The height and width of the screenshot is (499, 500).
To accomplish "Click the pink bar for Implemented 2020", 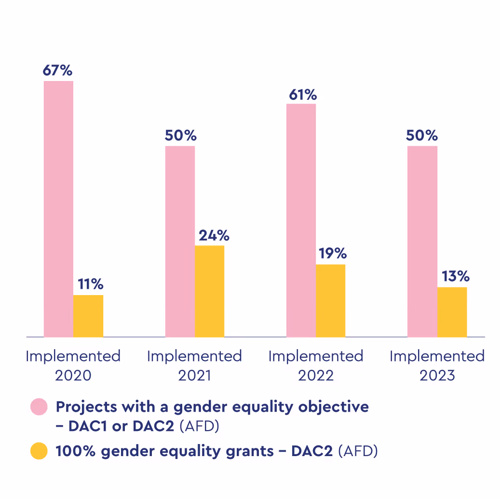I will pos(58,209).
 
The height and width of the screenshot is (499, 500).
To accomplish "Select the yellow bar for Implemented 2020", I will pos(88,316).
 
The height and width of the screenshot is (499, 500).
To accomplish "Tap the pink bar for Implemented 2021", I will pos(180,241).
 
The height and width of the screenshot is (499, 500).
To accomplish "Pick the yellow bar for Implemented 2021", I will pos(209,291).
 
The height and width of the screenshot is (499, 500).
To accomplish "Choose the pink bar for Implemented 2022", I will pos(301,220).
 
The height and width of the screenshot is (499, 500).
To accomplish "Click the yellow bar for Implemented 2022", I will pos(331,300).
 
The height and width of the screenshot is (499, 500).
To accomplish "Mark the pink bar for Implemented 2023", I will pos(422,241).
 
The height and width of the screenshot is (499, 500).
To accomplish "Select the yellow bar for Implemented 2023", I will pos(452,312).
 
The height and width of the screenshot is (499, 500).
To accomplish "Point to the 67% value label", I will pos(57,70).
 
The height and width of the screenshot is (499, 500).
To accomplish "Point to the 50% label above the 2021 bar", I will pos(180,135).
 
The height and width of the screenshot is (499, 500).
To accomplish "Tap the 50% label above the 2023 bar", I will pos(422,135).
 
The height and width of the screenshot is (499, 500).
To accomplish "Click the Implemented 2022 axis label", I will pos(315,365).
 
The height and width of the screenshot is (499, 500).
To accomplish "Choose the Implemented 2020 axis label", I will pos(73,365).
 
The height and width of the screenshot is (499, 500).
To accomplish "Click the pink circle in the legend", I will pos(39,407).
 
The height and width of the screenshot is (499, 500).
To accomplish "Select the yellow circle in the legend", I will pos(39,451).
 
